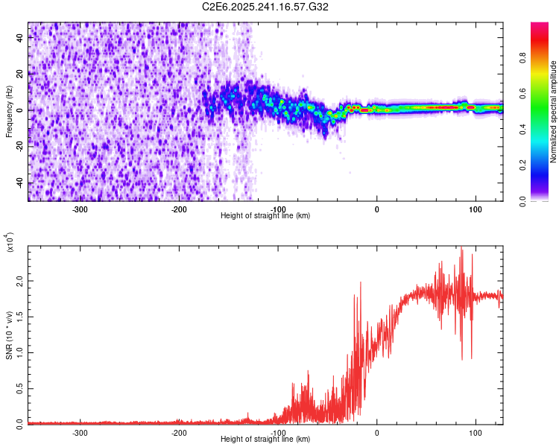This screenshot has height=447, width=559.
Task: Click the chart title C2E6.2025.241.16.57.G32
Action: pyautogui.click(x=265, y=7)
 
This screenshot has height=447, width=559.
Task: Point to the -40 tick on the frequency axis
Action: pyautogui.click(x=21, y=183)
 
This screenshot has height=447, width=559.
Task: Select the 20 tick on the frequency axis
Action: pyautogui.click(x=21, y=74)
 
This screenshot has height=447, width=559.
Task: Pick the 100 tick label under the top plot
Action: pyautogui.click(x=476, y=209)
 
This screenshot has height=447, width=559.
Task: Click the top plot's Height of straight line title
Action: pyautogui.click(x=265, y=216)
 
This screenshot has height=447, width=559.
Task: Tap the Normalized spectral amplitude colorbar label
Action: pyautogui.click(x=554, y=112)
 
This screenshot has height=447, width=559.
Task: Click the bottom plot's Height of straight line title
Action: pyautogui.click(x=265, y=440)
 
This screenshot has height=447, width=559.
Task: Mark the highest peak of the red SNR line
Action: pyautogui.click(x=461, y=247)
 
